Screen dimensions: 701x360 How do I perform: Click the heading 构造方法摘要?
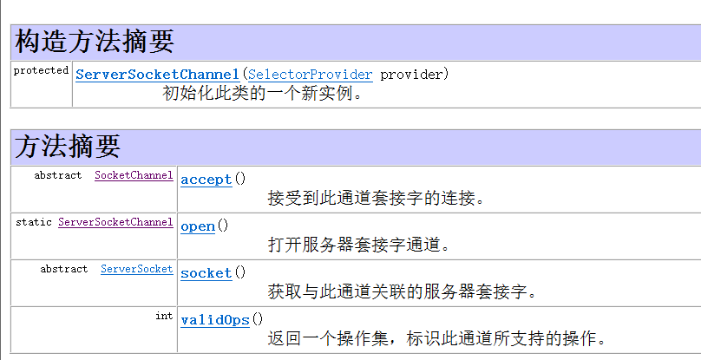[95, 41]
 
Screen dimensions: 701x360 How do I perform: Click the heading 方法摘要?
[68, 146]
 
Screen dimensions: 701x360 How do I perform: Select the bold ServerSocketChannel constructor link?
[157, 74]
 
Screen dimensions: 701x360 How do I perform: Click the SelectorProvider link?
[310, 74]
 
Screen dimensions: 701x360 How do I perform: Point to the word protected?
[41, 70]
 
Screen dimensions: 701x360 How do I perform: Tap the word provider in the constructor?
[414, 74]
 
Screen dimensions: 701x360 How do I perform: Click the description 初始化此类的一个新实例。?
[263, 93]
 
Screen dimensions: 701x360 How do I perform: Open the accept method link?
[206, 180]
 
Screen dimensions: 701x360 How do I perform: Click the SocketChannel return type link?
[134, 175]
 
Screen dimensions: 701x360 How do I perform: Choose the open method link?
[198, 226]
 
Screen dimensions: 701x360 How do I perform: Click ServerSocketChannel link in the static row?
[115, 222]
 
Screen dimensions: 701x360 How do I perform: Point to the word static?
[33, 222]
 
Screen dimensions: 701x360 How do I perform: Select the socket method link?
[206, 273]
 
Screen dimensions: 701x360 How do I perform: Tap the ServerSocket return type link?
[136, 269]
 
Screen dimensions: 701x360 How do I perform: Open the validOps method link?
[215, 320]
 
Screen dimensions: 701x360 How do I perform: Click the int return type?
[164, 316]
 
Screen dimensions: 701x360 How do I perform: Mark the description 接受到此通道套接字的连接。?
[376, 199]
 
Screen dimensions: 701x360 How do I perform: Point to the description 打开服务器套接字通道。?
[359, 245]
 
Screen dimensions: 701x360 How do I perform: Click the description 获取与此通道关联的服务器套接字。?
[402, 292]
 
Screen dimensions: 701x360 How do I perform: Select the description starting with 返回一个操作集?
[436, 339]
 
